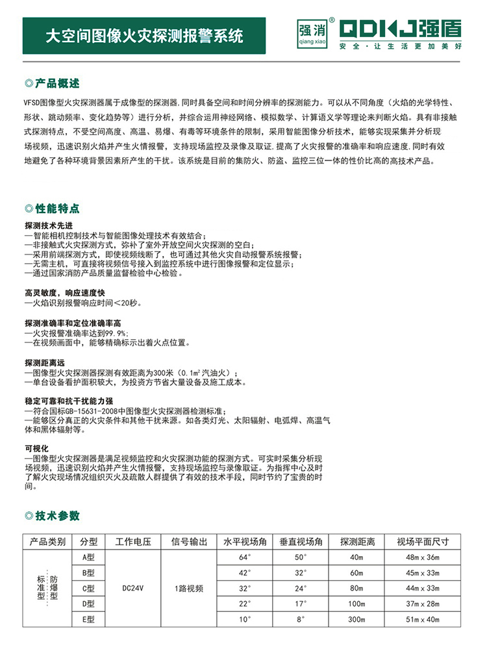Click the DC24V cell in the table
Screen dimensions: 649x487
coord(133,589)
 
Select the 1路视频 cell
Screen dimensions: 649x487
coord(189,589)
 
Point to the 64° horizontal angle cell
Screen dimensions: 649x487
coord(245,557)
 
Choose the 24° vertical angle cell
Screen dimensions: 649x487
coord(301,589)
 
